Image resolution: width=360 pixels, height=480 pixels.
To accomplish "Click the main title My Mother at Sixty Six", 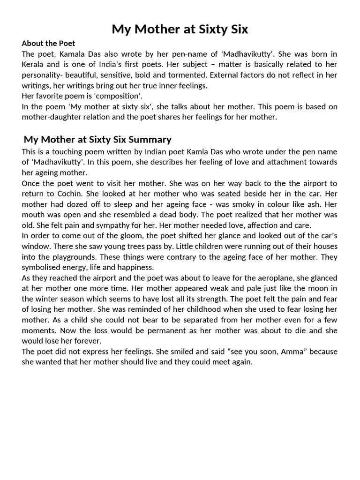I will point(180,30).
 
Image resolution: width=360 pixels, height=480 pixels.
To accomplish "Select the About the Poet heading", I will point(48,44).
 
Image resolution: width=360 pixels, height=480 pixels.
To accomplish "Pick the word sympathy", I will point(100,225).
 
